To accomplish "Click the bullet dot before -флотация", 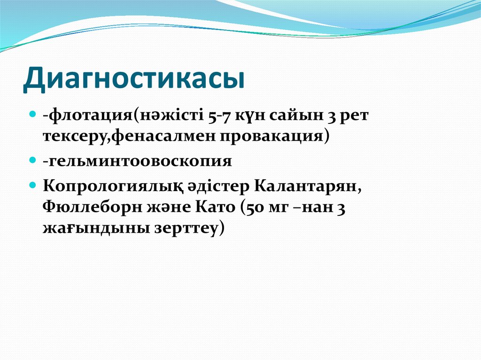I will [x=33, y=115].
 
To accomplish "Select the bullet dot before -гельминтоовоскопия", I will [x=33, y=160].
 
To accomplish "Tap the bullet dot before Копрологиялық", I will [x=33, y=185].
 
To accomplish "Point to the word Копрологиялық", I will [x=109, y=186].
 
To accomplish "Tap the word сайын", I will [x=294, y=116].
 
